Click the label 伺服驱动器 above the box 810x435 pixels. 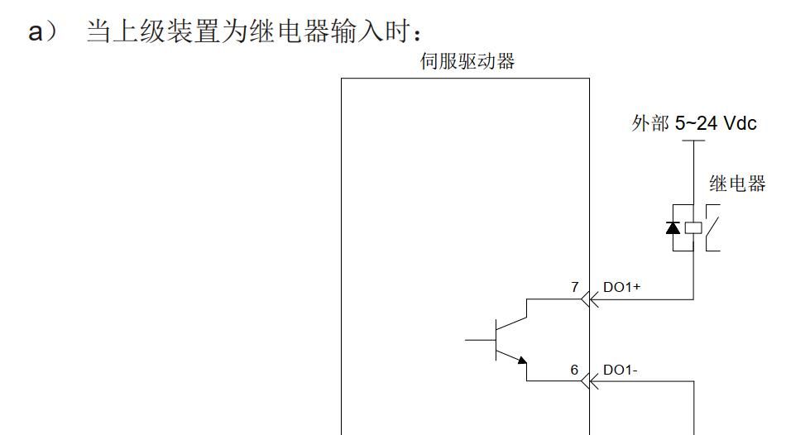click(x=467, y=62)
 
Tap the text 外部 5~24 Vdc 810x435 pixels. click(x=693, y=124)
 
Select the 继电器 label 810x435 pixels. click(x=737, y=184)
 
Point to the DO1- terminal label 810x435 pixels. click(x=620, y=370)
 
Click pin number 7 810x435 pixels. click(x=574, y=286)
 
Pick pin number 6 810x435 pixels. click(x=574, y=370)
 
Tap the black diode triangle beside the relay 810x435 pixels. click(x=673, y=227)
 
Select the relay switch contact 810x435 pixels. click(x=712, y=225)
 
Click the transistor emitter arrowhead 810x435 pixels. click(x=522, y=360)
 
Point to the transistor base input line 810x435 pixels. click(x=480, y=339)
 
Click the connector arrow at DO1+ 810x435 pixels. click(x=589, y=299)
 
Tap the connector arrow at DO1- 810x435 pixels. click(x=589, y=381)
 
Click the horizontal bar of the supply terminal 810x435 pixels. click(x=693, y=141)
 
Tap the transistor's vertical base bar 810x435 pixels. click(x=496, y=339)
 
